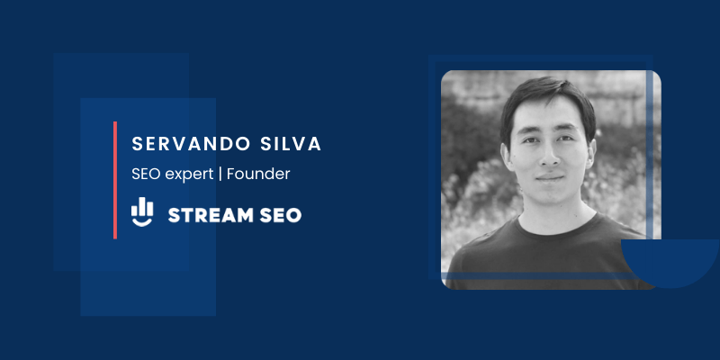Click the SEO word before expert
[144, 174]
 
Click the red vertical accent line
[115, 180]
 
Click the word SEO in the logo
[277, 214]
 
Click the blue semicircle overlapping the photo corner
[670, 261]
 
